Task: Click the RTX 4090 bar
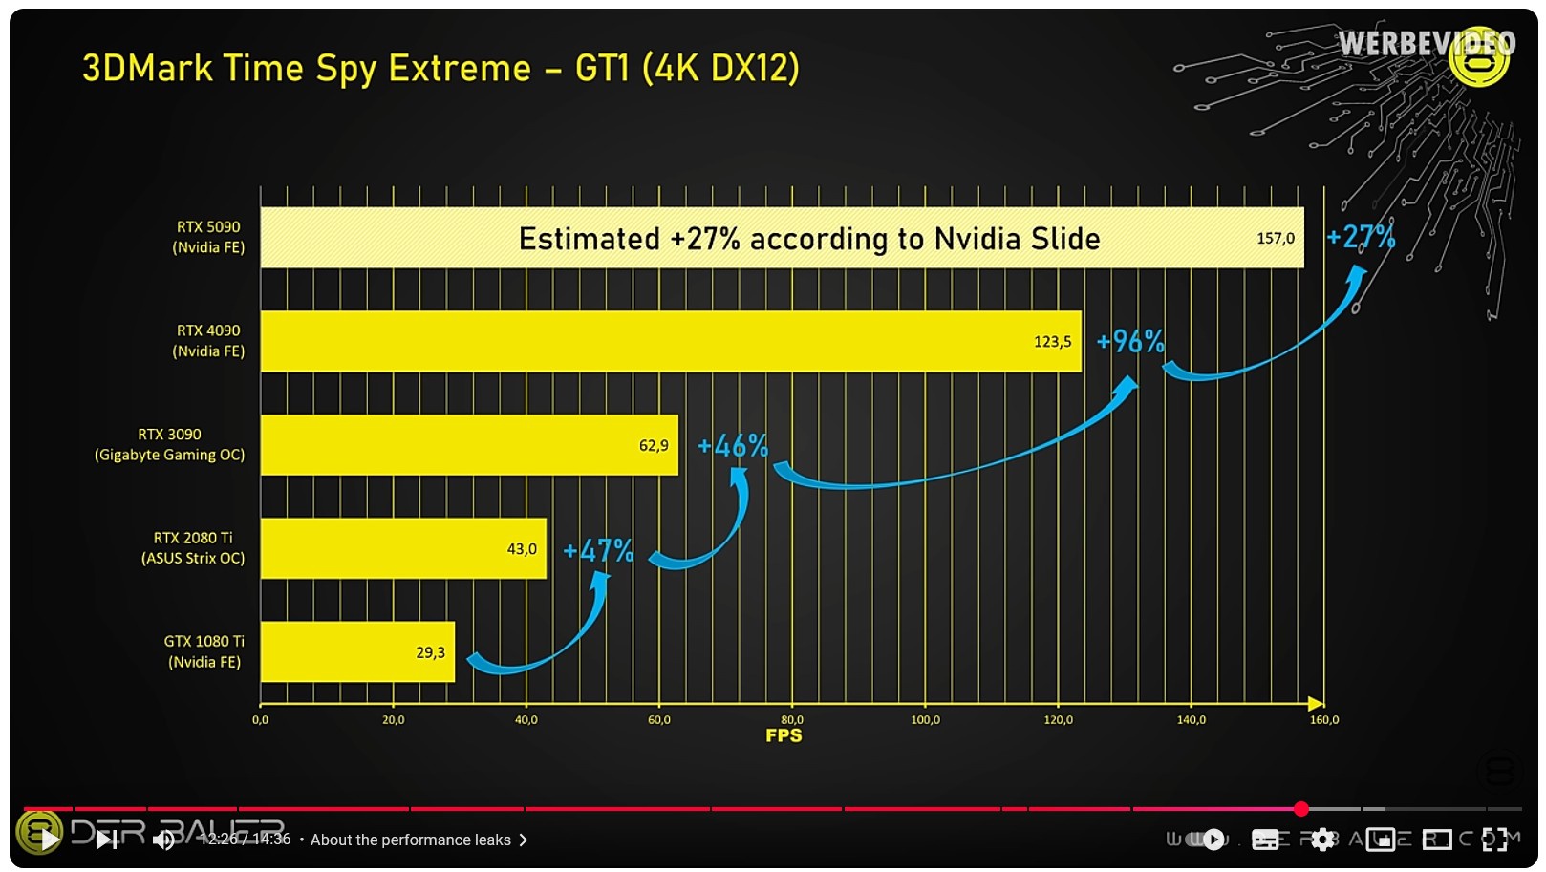(669, 341)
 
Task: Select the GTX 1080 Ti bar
(356, 651)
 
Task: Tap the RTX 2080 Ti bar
(402, 548)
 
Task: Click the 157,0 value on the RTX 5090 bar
(1275, 238)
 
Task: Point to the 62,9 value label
(654, 445)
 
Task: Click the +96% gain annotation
(1129, 341)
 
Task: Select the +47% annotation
(597, 550)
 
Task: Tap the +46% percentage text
(732, 445)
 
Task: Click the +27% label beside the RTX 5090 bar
(1361, 237)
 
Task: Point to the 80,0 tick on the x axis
(792, 719)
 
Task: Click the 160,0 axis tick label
(1324, 719)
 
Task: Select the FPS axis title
(784, 735)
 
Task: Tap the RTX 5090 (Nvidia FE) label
(208, 237)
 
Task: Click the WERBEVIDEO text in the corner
(1425, 44)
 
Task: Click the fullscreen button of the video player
(1494, 840)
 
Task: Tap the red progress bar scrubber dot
(1300, 809)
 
